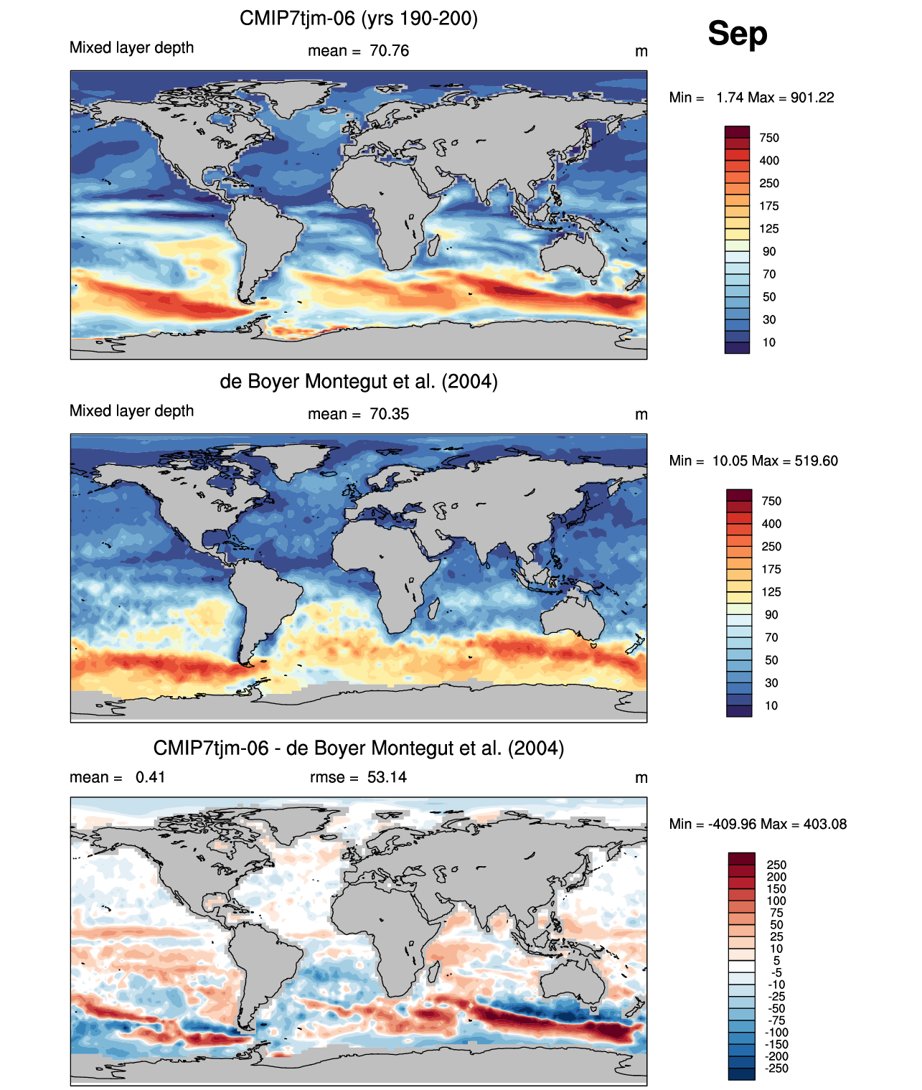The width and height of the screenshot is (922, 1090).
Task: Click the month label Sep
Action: click(x=737, y=33)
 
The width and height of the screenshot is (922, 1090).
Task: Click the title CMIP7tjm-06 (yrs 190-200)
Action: click(x=358, y=18)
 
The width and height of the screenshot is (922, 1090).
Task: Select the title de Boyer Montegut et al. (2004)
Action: click(x=358, y=381)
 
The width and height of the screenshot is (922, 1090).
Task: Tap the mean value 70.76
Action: click(x=389, y=51)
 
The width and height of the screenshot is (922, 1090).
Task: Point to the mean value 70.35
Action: click(x=389, y=414)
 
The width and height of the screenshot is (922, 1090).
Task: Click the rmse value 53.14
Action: click(x=387, y=777)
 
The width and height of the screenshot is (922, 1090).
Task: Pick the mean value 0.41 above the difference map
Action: click(x=150, y=777)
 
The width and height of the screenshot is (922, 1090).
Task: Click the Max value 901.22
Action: click(x=812, y=98)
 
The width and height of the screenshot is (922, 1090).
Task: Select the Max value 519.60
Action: click(x=816, y=461)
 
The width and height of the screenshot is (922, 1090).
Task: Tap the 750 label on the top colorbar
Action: click(x=769, y=138)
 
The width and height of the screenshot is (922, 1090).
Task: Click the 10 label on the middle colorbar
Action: click(x=771, y=705)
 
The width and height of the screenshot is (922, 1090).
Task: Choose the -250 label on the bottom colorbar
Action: click(x=776, y=1068)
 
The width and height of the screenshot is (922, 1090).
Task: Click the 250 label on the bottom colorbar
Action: click(x=776, y=865)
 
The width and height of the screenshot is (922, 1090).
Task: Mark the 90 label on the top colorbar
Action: click(x=769, y=251)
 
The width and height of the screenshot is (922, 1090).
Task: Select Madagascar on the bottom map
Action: click(x=433, y=971)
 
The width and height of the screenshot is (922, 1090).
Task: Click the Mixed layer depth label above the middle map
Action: click(x=131, y=410)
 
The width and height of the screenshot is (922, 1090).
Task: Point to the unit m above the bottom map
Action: click(x=641, y=778)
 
